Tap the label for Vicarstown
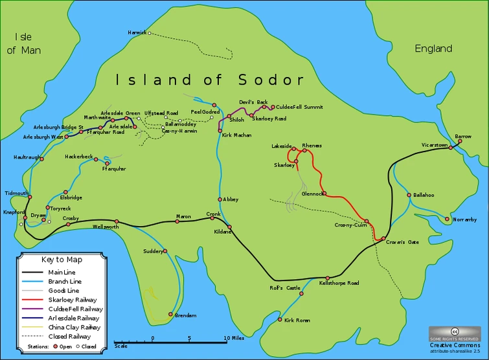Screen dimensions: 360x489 point(435,145)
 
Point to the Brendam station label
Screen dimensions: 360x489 point(186,315)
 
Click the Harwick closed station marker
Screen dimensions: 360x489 point(149,33)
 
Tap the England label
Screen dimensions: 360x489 point(433,49)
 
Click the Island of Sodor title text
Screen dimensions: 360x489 point(209,80)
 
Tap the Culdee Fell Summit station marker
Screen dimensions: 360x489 point(273,107)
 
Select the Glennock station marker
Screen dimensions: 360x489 point(324,194)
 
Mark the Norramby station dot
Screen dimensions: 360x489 point(447,219)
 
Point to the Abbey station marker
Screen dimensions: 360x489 point(220,199)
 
